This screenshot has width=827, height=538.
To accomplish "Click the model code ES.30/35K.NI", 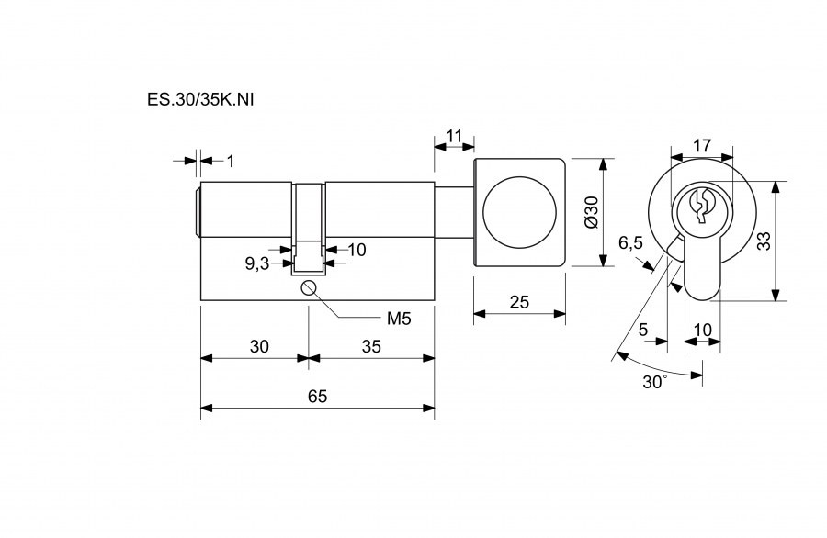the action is point(200,99).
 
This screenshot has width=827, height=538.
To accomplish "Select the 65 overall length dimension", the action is point(318,396).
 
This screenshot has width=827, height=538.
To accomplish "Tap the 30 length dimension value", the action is point(259,346).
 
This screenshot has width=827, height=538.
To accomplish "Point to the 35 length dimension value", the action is point(371,346).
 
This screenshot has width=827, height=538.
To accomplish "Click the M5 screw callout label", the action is point(399,318).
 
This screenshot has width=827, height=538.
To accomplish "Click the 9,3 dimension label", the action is point(257,263).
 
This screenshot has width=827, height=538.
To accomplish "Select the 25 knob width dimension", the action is point(519,302).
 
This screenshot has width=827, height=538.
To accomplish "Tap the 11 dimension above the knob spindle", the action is point(454,136).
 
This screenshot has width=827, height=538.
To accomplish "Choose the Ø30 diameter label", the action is point(592,212).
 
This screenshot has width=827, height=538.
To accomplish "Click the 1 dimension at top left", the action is point(230,161).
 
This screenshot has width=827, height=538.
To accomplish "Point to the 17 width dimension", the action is point(702,145).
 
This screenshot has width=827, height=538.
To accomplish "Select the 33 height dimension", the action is point(764,241).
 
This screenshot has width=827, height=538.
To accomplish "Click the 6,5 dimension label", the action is point(630,243).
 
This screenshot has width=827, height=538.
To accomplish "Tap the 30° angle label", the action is point(655,382).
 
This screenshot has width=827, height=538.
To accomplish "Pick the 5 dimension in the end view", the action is point(643,330).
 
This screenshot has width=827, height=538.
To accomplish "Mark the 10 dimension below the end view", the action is point(703,330).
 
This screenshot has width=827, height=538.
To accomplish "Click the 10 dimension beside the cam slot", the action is point(357,249).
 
